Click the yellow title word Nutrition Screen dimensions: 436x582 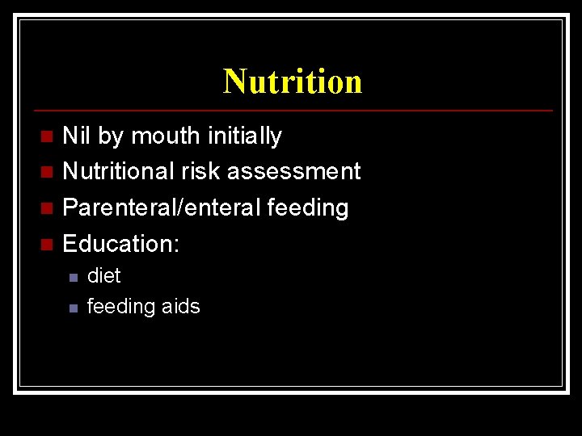click(293, 82)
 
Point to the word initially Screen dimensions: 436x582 click(243, 136)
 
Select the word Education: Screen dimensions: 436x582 click(120, 243)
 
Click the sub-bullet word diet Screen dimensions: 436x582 click(103, 276)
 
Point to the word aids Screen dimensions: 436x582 click(180, 307)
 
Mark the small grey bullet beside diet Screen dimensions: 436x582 click(72, 278)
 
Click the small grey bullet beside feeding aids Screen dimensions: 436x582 click(72, 308)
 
